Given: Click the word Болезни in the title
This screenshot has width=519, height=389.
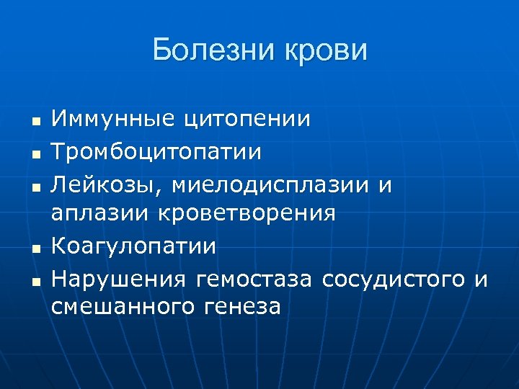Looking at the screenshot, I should (x=208, y=51).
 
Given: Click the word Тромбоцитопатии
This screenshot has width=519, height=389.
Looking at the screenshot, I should (x=157, y=151).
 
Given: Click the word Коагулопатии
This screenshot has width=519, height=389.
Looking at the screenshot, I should (x=134, y=246).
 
